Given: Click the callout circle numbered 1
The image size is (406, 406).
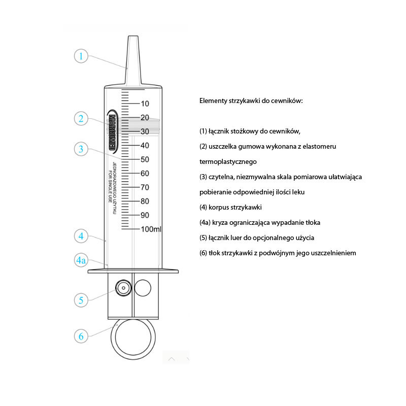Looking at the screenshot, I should [x=81, y=55].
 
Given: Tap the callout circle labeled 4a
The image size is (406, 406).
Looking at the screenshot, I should [x=81, y=260].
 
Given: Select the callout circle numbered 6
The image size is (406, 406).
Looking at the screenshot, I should [x=81, y=336].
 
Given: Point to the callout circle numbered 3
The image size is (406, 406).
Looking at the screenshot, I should [x=81, y=149].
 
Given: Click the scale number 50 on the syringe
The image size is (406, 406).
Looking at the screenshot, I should [x=145, y=159].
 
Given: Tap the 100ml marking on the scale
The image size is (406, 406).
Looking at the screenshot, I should [x=151, y=229].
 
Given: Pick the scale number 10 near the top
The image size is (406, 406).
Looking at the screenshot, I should [x=145, y=104].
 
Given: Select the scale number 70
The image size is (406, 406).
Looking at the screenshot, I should [x=145, y=187].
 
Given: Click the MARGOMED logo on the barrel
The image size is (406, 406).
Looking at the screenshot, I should [x=112, y=130].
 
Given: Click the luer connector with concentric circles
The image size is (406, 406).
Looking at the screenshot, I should [x=122, y=288].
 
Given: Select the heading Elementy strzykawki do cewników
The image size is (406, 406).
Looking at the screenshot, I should [x=251, y=101].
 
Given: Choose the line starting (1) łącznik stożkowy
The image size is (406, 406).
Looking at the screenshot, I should [x=250, y=131].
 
